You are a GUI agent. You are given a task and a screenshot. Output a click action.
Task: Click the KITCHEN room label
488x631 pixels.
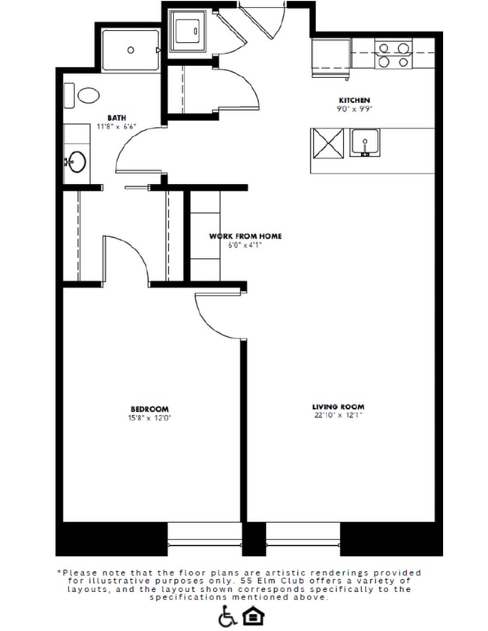[354, 101]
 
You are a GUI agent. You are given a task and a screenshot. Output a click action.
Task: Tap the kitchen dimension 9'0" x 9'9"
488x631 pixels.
[354, 109]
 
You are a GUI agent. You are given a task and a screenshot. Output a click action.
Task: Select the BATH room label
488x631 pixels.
[116, 117]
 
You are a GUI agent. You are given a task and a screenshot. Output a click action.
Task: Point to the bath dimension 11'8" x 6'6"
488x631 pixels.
[116, 126]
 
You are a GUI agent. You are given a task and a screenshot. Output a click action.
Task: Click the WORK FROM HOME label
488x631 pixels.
[246, 236]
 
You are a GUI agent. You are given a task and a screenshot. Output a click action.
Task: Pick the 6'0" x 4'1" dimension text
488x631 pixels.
[246, 245]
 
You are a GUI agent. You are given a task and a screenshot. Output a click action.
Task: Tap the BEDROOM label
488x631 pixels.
[149, 408]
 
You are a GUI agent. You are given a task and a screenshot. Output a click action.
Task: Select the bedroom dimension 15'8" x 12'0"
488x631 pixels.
[149, 417]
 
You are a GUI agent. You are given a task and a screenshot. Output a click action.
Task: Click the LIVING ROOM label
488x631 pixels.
[338, 407]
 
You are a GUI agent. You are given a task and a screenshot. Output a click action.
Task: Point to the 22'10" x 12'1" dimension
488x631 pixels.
[338, 416]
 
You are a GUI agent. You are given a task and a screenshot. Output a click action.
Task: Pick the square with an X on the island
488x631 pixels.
[327, 142]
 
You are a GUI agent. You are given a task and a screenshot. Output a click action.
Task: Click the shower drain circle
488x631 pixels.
[131, 50]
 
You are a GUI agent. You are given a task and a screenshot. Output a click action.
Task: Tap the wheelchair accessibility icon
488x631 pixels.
[226, 617]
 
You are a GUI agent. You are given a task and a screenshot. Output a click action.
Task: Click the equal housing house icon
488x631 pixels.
[250, 617]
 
